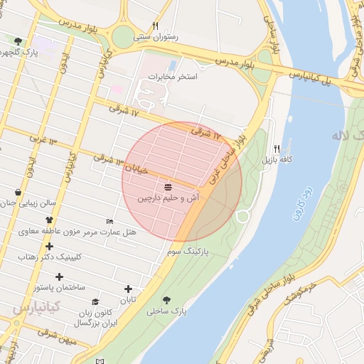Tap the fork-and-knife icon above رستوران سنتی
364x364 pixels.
click(x=156, y=26)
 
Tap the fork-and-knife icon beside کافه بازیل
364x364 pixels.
click(x=277, y=149)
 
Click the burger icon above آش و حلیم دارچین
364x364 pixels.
click(x=168, y=187)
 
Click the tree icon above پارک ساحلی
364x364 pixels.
click(x=167, y=300)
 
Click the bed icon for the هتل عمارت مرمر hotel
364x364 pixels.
click(x=109, y=221)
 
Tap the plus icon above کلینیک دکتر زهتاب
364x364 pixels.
click(x=49, y=246)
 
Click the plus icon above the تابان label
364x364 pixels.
click(x=128, y=289)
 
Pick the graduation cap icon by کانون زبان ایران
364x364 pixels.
click(x=96, y=302)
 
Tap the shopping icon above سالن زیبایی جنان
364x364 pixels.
click(x=18, y=192)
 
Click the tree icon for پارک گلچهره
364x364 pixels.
click(x=18, y=41)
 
